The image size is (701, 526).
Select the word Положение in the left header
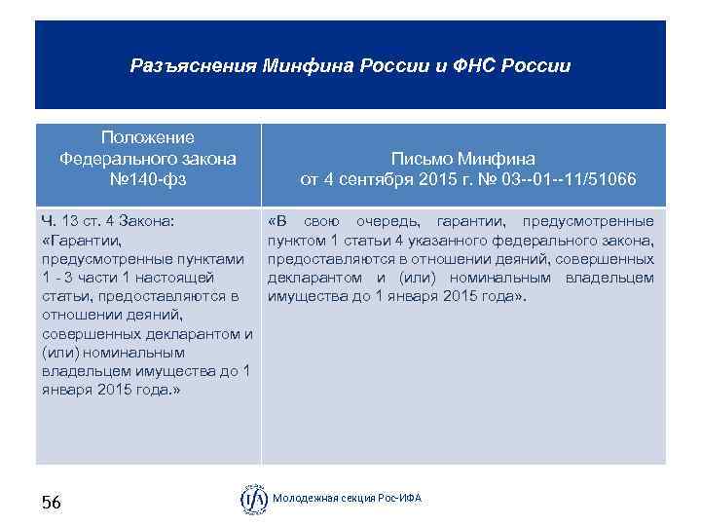[148, 137]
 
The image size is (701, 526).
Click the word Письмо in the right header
[422, 158]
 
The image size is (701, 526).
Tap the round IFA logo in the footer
[254, 500]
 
